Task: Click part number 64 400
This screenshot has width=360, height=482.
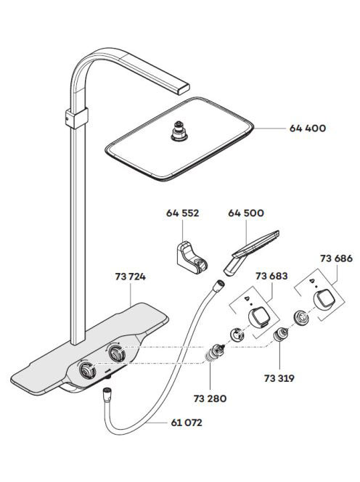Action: click(x=308, y=128)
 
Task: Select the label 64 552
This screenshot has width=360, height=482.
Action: click(x=183, y=213)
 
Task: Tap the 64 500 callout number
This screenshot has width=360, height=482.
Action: click(x=246, y=213)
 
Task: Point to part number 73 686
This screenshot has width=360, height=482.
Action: click(x=336, y=258)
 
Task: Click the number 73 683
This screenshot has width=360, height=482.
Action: click(x=271, y=276)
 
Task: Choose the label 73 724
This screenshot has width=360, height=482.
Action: click(x=131, y=277)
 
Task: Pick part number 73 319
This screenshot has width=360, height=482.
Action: click(x=279, y=378)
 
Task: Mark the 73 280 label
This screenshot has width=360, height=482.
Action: click(x=210, y=399)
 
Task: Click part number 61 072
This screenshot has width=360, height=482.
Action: click(x=187, y=422)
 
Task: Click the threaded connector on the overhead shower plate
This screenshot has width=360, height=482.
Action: click(x=179, y=131)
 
